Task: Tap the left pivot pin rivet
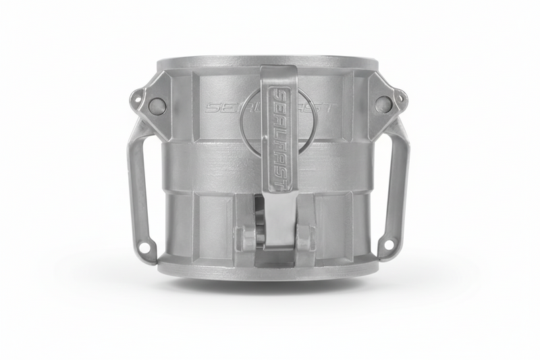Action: (157, 105)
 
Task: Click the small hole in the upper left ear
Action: (138, 98)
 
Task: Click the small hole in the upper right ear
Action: (400, 99)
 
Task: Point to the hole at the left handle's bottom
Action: (144, 248)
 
